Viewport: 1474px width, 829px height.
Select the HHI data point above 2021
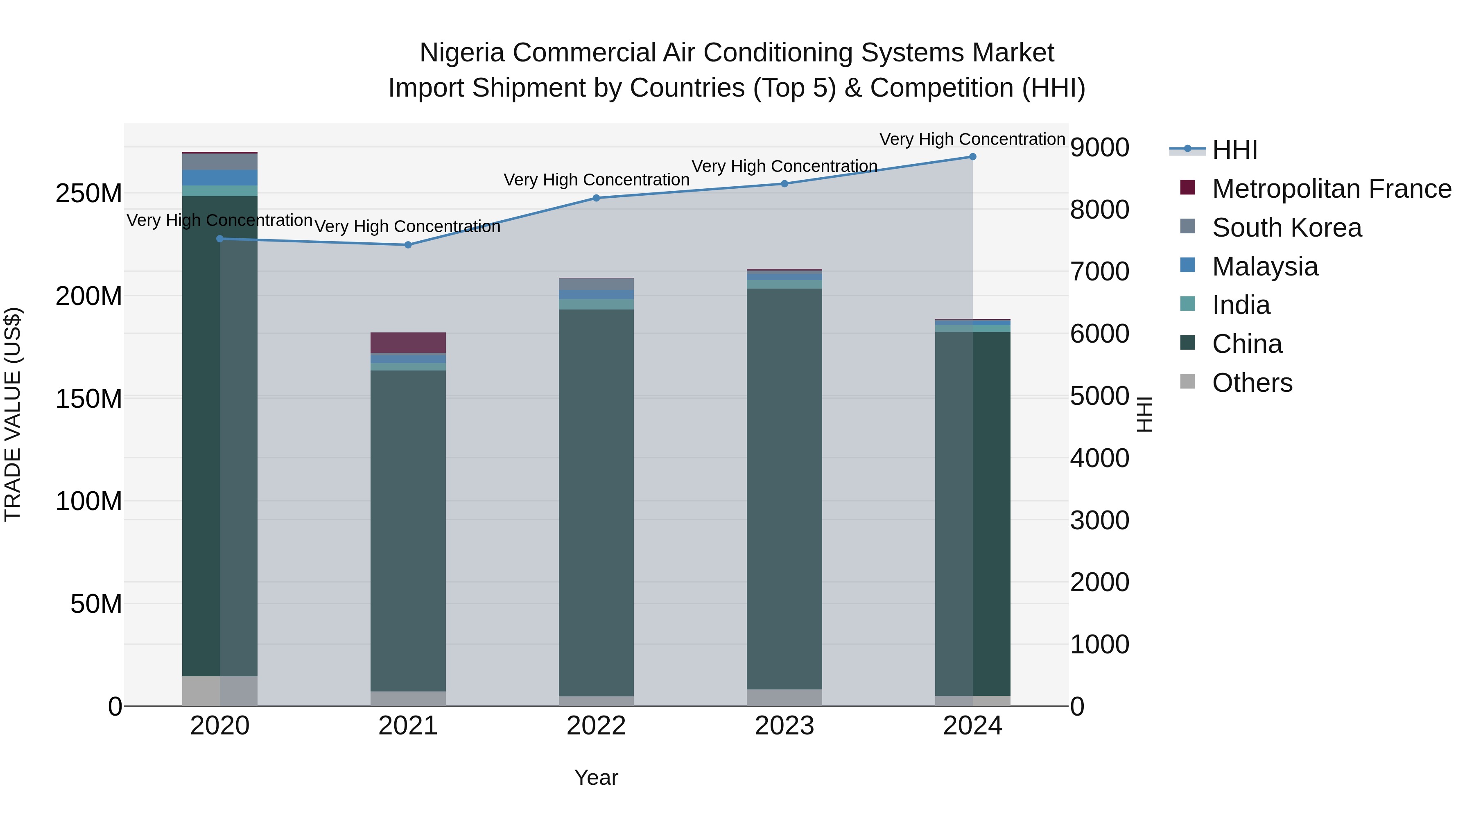(408, 245)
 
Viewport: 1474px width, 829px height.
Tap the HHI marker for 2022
(596, 198)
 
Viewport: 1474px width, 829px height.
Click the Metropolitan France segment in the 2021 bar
(408, 343)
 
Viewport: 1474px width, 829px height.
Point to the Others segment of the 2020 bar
(220, 691)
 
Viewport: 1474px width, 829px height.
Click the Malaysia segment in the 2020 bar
(220, 177)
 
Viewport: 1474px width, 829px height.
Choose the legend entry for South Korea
(1286, 228)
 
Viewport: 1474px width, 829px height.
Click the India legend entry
(1241, 305)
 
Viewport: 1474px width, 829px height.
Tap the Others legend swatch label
(1252, 383)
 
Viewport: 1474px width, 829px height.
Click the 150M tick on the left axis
(89, 399)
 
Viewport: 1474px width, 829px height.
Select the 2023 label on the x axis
(784, 726)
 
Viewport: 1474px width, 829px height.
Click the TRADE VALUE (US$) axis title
(13, 414)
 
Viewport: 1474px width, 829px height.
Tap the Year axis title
(596, 777)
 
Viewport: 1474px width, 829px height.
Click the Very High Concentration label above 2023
(784, 167)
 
